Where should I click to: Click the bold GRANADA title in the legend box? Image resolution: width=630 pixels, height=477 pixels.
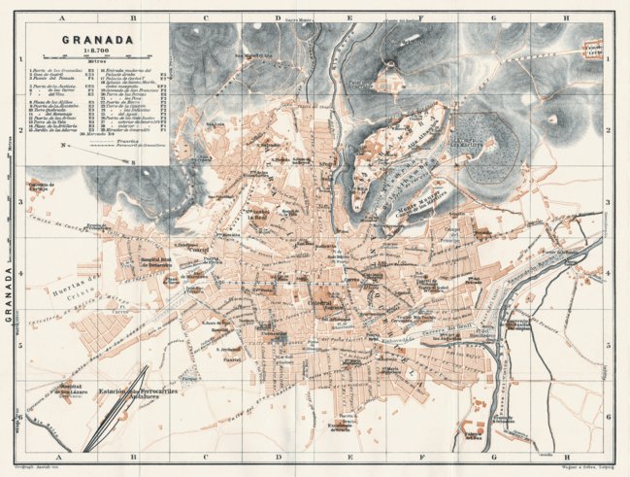[95, 41]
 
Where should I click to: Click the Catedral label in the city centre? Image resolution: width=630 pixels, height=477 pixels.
[319, 302]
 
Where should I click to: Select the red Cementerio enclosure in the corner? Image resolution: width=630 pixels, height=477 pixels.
[592, 48]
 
